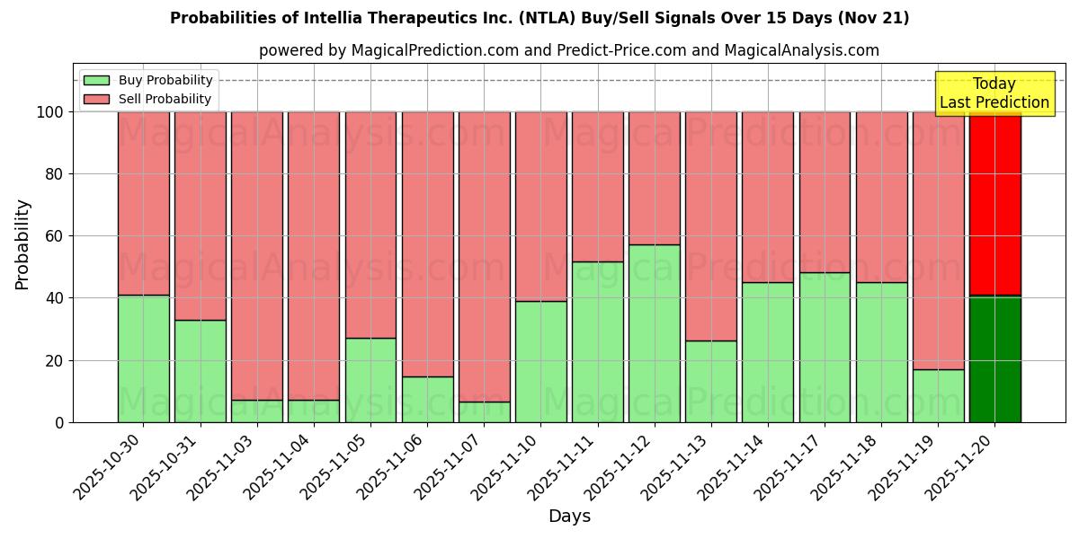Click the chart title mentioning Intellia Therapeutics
539,18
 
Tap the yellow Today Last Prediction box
994,93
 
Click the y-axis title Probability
22,244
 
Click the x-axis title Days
569,517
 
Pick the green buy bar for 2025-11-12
654,333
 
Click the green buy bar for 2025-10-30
144,358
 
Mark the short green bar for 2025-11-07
484,411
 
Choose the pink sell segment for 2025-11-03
257,256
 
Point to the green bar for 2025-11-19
938,395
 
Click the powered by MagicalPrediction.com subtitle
569,50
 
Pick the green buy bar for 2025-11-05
370,380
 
